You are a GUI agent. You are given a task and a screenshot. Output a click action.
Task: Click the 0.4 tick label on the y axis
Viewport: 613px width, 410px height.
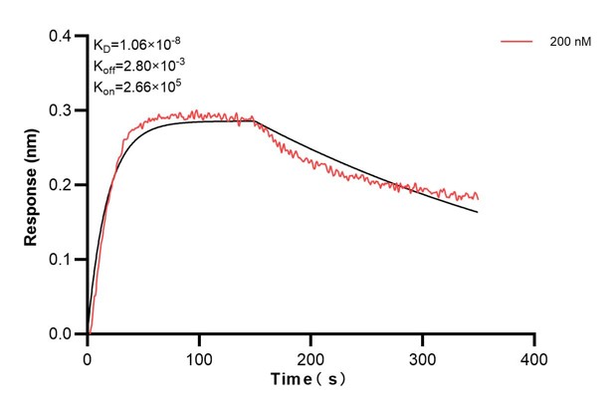coord(63,37)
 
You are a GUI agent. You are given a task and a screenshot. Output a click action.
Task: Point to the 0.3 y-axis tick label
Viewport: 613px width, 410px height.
coord(63,111)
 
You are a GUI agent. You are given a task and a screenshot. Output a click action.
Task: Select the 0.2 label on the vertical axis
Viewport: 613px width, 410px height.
coord(63,186)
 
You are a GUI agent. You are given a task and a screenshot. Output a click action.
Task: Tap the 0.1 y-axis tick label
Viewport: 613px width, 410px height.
coord(63,260)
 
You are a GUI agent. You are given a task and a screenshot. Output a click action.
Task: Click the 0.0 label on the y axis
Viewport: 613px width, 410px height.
coord(63,334)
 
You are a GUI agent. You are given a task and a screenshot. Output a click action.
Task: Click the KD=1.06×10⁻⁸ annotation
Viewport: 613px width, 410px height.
coord(136,44)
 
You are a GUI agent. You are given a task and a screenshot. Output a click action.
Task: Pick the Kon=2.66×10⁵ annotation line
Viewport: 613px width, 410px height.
coord(137,87)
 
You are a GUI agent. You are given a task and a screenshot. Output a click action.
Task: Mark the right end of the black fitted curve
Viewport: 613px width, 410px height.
coord(478,212)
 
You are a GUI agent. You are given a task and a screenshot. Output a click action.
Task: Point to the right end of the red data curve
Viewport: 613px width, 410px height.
coord(478,198)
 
